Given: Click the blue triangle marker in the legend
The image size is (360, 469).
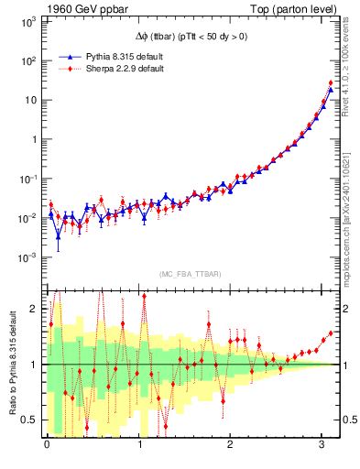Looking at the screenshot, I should (63, 56).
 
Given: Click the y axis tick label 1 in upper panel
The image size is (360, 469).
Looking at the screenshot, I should (35, 139).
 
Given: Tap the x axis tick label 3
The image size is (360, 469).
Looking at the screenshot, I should (323, 446).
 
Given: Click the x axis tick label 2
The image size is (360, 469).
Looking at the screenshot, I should (232, 446).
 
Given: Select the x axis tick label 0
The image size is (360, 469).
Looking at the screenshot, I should (47, 446).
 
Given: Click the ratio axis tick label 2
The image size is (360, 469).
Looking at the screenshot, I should (36, 308).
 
